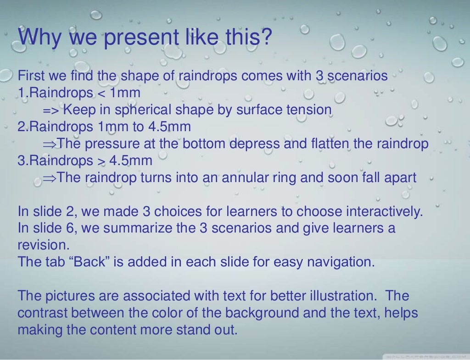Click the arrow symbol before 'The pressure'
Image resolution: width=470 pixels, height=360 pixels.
coord(50,144)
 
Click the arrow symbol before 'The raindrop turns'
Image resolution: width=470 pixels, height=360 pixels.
coord(50,178)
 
